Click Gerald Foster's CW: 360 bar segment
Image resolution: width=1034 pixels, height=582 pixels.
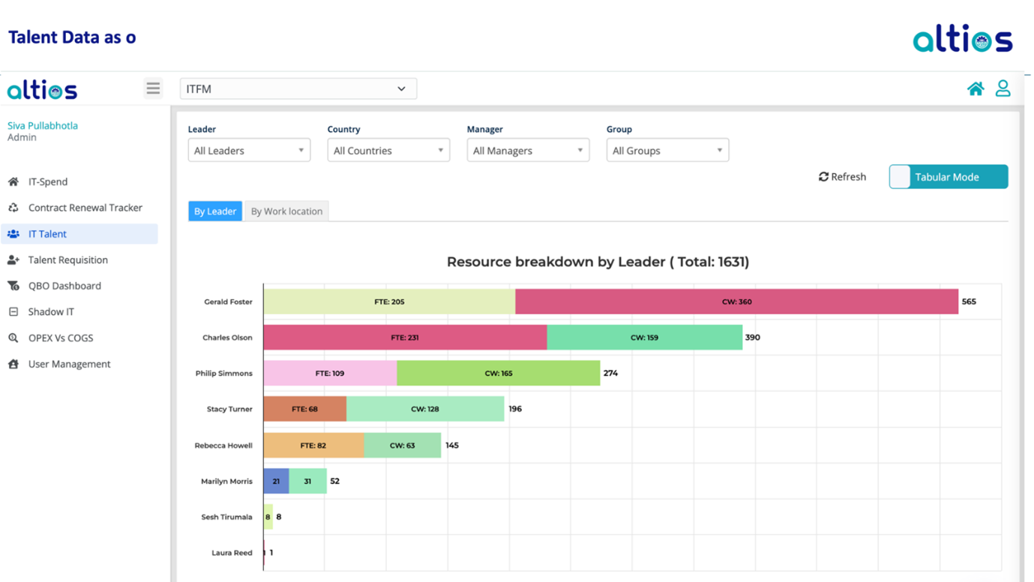tap(736, 301)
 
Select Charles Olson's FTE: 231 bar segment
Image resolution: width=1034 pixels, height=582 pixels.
tap(405, 337)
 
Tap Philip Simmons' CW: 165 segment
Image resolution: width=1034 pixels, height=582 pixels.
tap(498, 373)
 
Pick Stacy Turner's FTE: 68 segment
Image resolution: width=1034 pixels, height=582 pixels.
tap(304, 409)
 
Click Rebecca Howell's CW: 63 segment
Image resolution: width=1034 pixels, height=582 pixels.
tap(402, 445)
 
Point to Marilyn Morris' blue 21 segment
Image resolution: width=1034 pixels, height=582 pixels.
tap(276, 481)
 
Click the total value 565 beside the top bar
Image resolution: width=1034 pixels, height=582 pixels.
tap(969, 301)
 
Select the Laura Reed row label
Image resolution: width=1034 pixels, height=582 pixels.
tap(232, 553)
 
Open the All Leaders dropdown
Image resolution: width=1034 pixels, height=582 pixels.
tap(249, 150)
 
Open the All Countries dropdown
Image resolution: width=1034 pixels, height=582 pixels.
tap(388, 150)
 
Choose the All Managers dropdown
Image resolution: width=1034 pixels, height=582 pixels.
tap(528, 150)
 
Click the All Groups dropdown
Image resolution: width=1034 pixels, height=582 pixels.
tap(667, 150)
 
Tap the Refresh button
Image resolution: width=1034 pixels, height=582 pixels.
tap(842, 177)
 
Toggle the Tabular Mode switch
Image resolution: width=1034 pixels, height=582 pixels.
tap(948, 177)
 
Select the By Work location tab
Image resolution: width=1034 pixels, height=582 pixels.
tap(286, 211)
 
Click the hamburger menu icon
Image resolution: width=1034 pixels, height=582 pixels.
tap(153, 88)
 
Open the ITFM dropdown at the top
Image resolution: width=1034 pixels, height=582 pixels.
tap(298, 88)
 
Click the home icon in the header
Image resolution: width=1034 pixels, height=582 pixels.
tap(975, 88)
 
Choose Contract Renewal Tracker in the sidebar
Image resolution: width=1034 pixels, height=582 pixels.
tap(85, 208)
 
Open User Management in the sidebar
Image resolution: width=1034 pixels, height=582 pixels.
tap(69, 364)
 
